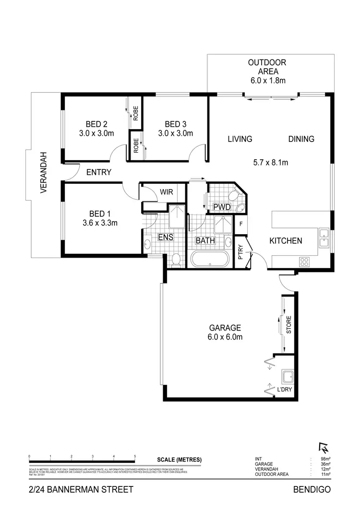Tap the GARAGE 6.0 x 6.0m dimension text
225,337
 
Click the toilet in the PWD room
236,196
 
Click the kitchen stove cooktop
304,261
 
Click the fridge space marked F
241,224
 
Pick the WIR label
166,192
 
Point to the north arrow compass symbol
322,447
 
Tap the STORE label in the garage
289,325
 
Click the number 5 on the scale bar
135,456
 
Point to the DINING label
301,139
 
